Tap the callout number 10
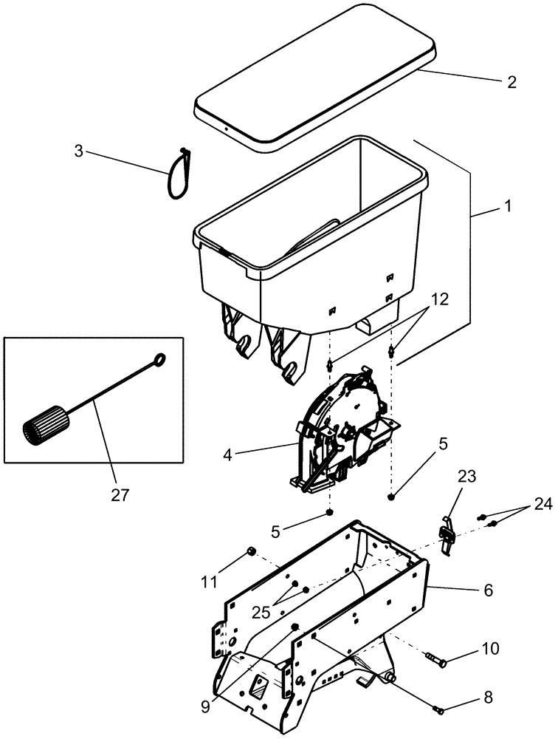coord(489,649)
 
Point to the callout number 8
coord(488,697)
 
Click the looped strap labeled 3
coord(176,174)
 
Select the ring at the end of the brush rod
coord(157,361)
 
